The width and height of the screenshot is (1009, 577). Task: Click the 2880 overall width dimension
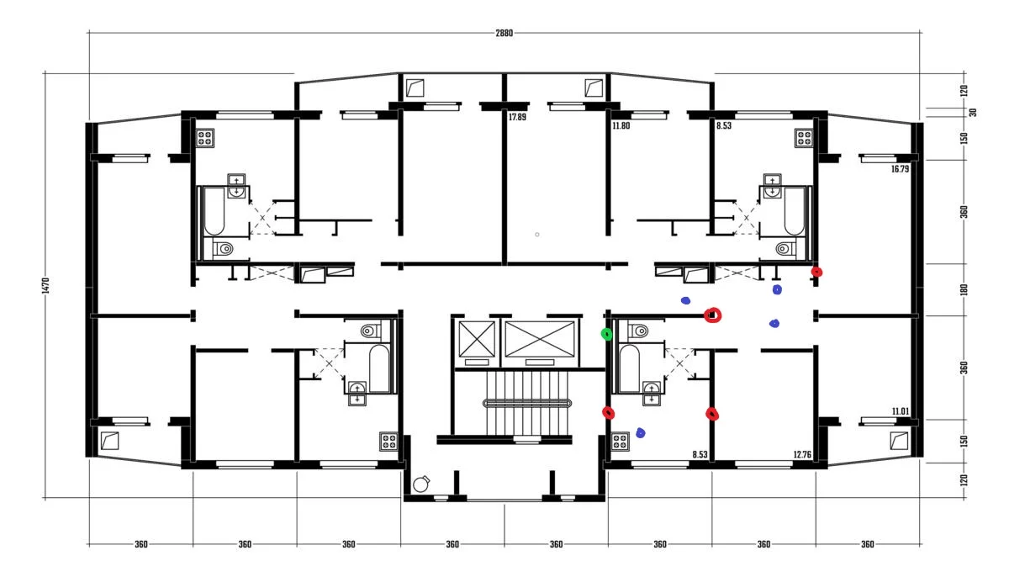(504, 33)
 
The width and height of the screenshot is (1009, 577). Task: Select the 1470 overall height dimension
(45, 286)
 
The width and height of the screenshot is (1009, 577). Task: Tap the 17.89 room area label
(517, 117)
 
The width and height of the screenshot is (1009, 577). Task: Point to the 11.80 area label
(621, 125)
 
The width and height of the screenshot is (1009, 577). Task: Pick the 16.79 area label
(900, 169)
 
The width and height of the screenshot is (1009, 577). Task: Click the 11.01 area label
(901, 411)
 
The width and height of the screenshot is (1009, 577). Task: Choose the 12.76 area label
(802, 454)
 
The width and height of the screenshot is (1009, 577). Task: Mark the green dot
(607, 334)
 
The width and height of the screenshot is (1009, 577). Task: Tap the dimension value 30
(972, 112)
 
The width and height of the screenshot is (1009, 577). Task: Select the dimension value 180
(964, 289)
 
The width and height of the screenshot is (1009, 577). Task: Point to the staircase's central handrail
(527, 403)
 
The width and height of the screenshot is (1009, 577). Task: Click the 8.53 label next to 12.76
(700, 454)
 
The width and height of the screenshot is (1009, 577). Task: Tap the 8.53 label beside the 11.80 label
(723, 125)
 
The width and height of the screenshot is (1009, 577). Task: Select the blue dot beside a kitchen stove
(640, 433)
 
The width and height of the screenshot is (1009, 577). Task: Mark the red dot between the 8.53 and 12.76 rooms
(711, 414)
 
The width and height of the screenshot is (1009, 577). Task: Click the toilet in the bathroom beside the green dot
(639, 331)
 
